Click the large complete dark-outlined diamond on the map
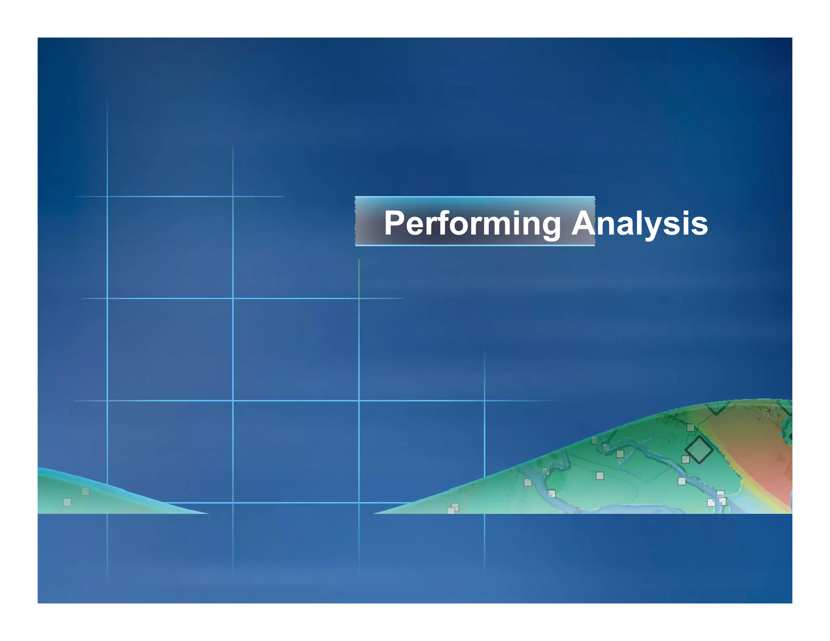[699, 450]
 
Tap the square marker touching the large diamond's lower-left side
[685, 459]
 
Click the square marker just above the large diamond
[691, 427]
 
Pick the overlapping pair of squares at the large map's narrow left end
[453, 509]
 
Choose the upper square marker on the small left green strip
[86, 491]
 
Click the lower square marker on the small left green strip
[67, 502]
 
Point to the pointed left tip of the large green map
[374, 513]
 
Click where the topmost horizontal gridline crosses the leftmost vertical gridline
[107, 197]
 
